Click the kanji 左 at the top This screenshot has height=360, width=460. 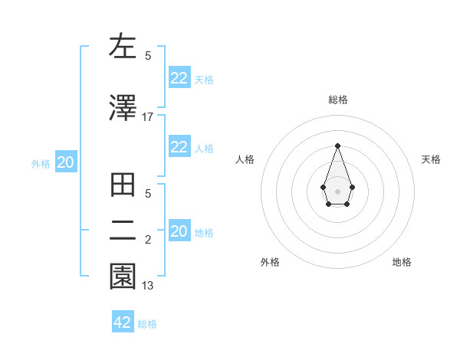click(123, 46)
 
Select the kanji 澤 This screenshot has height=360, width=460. click(123, 108)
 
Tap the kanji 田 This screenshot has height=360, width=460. click(123, 186)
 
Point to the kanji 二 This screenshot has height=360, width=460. click(123, 231)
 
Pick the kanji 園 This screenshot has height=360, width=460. click(123, 277)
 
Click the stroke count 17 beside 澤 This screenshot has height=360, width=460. click(147, 116)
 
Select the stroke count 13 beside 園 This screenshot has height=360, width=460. click(147, 286)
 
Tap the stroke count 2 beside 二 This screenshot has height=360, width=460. click(148, 240)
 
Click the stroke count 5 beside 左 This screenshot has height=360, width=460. click(148, 55)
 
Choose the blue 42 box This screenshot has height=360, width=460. click(123, 322)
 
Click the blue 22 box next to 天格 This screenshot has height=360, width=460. click(179, 78)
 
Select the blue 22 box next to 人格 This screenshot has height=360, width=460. click(179, 147)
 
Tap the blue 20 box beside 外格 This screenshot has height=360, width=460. click(65, 162)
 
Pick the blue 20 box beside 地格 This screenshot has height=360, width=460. click(179, 231)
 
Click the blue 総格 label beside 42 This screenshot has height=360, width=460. click(147, 324)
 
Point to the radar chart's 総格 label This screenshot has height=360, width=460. click(337, 100)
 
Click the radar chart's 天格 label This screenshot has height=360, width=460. click(432, 159)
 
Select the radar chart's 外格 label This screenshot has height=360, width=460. click(270, 263)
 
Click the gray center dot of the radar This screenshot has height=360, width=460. click(337, 190)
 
